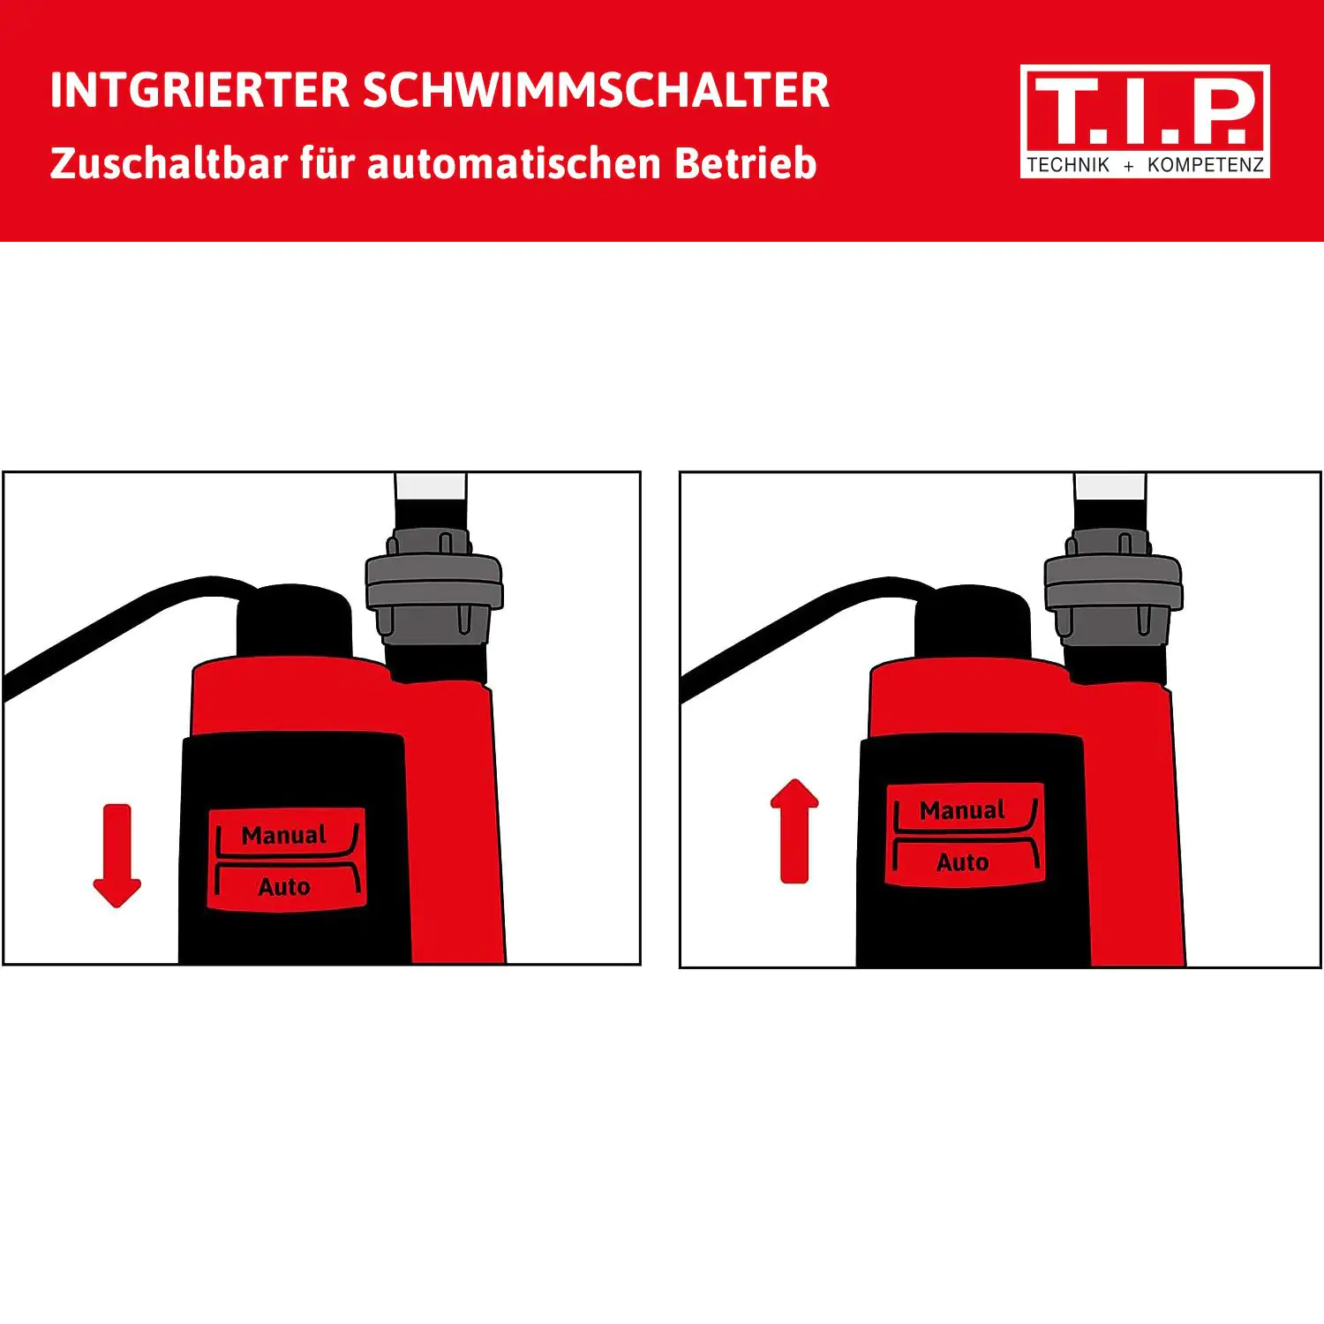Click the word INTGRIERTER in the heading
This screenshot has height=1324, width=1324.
click(x=199, y=91)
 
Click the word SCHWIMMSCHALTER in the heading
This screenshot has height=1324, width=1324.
click(x=596, y=91)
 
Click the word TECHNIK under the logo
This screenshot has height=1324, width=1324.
click(x=1067, y=165)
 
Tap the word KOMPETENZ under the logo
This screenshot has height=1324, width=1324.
click(x=1205, y=165)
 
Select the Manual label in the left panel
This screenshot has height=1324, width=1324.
click(x=283, y=835)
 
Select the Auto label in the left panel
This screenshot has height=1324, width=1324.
click(x=283, y=887)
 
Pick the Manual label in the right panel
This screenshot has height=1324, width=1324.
click(x=962, y=810)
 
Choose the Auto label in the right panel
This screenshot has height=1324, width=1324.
click(x=962, y=862)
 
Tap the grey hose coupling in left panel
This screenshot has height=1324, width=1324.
click(x=433, y=587)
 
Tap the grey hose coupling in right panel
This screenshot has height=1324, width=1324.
click(x=1112, y=587)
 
